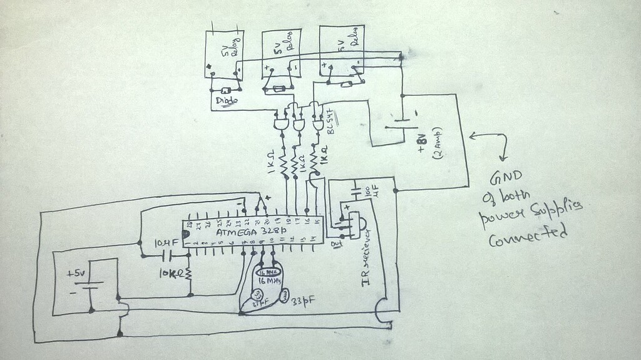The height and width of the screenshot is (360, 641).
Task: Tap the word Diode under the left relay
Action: click(x=227, y=100)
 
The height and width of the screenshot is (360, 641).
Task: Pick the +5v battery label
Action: click(x=78, y=273)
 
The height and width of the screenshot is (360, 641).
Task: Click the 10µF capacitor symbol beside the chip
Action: click(x=167, y=255)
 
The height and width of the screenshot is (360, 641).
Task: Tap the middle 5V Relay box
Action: click(x=280, y=55)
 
